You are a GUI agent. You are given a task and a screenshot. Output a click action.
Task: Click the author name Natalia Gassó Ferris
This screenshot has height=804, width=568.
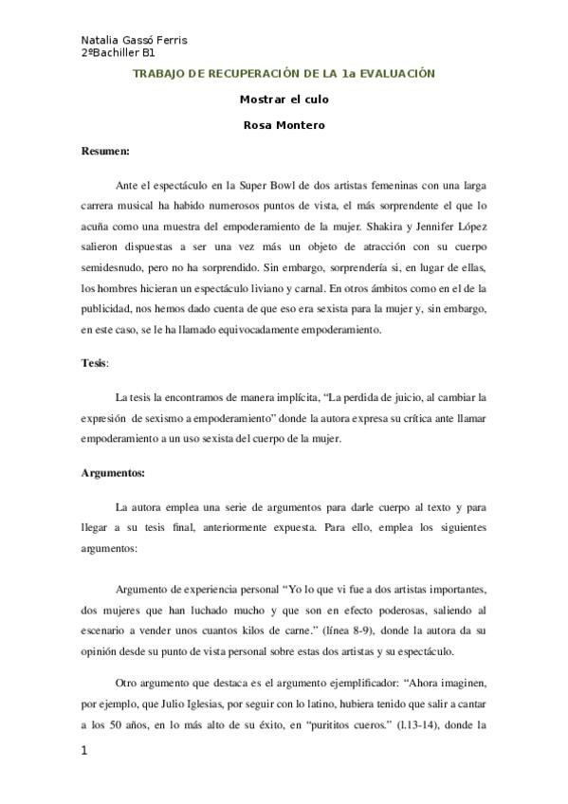pos(135,40)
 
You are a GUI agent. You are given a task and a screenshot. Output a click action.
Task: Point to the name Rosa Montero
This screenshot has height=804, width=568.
pos(284,123)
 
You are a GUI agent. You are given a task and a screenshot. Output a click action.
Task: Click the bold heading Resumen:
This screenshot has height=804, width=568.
pos(105,150)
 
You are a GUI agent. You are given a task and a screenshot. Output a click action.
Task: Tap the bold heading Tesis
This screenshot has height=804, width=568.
pos(94,362)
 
